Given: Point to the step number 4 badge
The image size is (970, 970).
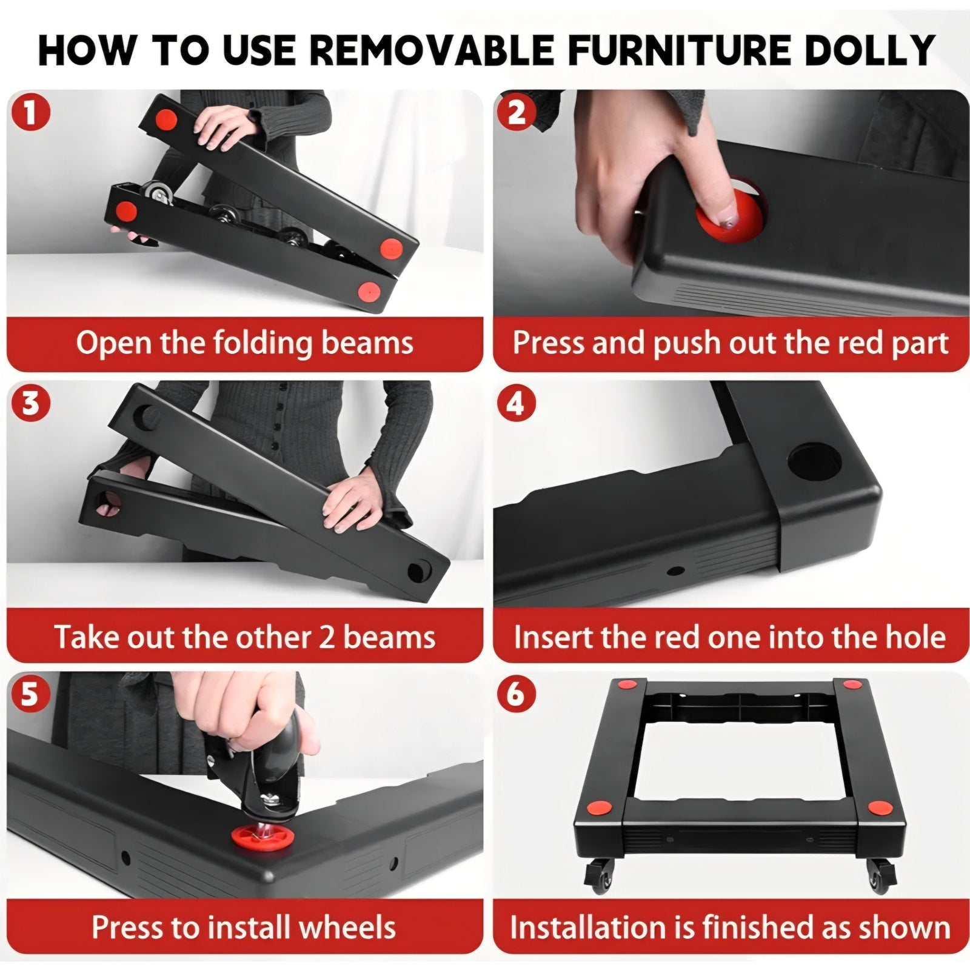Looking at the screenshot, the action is (x=516, y=403).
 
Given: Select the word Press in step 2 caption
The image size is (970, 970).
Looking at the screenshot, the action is (x=548, y=343).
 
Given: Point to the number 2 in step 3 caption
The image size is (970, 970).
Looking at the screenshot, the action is (x=327, y=638).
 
